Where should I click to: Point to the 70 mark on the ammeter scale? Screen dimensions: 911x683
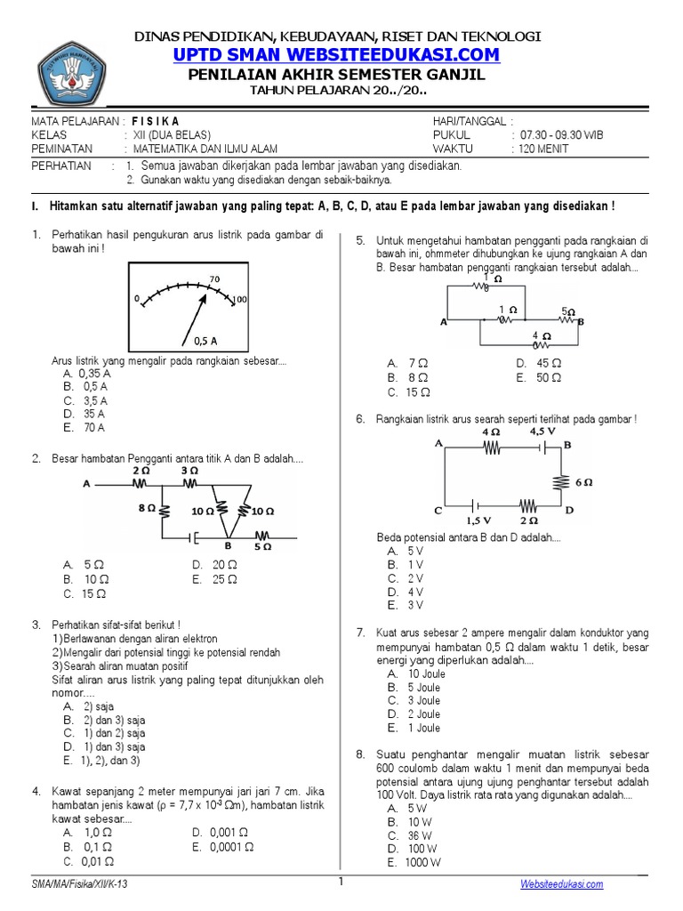[x=214, y=279]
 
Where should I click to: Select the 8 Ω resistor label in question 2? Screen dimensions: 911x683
[x=147, y=509]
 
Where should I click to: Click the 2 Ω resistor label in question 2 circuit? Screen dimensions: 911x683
[x=141, y=470]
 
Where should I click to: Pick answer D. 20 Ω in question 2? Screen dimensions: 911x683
[x=213, y=565]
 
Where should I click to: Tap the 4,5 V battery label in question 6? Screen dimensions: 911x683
[x=542, y=431]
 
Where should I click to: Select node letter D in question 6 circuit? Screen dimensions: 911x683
[x=569, y=511]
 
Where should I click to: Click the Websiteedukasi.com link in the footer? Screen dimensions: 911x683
[x=561, y=884]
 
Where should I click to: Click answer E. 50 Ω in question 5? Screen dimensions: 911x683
[x=538, y=377]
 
